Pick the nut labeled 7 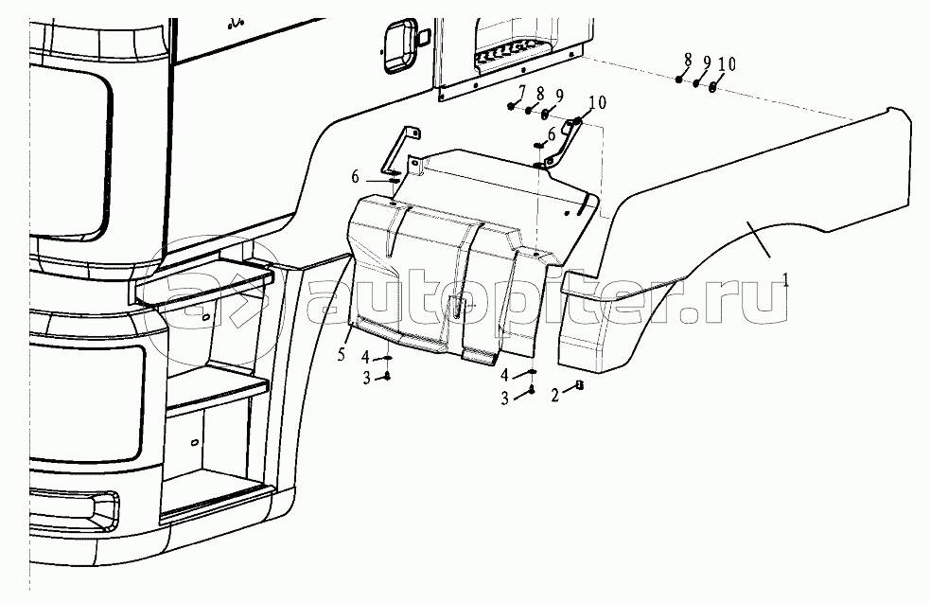pos(512,105)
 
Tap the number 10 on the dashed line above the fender pos(726,64)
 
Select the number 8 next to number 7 pos(539,93)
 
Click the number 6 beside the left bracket pos(356,177)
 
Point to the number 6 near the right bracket pos(551,134)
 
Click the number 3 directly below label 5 pos(366,379)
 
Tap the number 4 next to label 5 pos(365,357)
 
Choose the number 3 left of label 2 pos(505,398)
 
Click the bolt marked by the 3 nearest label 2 pos(533,389)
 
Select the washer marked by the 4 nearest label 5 pos(388,358)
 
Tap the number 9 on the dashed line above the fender pos(706,62)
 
